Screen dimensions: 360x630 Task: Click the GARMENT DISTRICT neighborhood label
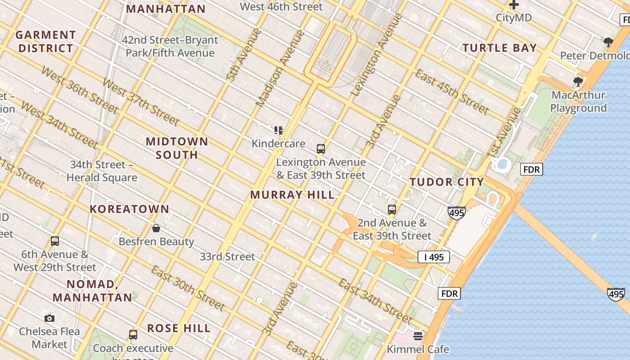[x=45, y=41]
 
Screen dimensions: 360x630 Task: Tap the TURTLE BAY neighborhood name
[x=499, y=48]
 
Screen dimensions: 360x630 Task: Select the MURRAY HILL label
[x=292, y=195]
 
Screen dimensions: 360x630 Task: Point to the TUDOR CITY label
[x=446, y=182]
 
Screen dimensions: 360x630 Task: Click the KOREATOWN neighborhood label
[x=130, y=209]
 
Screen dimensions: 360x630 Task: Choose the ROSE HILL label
[x=179, y=328]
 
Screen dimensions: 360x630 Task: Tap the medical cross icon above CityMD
[x=513, y=5]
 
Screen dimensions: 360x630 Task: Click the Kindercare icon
[x=279, y=130]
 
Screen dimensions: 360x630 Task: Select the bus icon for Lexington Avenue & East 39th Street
[x=320, y=149]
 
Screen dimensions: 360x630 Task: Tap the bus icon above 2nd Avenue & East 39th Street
[x=392, y=210]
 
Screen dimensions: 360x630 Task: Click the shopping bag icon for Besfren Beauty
[x=156, y=228]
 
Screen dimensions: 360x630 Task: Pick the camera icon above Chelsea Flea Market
[x=49, y=318]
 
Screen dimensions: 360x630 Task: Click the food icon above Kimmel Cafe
[x=418, y=336]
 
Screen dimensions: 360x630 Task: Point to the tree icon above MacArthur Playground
[x=578, y=82]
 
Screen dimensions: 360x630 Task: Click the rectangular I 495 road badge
[x=434, y=257]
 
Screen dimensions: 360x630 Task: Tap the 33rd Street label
[x=227, y=257]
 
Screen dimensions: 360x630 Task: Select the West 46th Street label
[x=281, y=7]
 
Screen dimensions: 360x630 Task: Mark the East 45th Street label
[x=451, y=92]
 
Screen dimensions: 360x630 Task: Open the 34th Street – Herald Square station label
[x=102, y=171]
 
